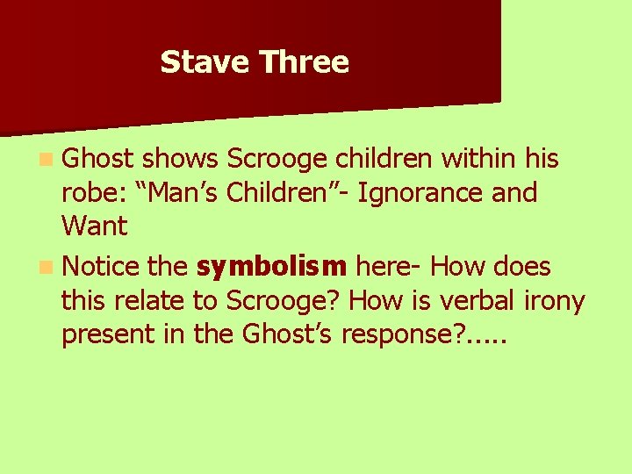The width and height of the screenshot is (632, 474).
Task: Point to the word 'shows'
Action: (180, 159)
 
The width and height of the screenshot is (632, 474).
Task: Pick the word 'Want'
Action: (94, 226)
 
